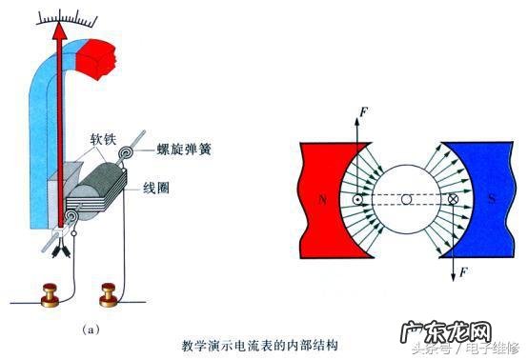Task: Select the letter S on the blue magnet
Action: coord(491,199)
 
